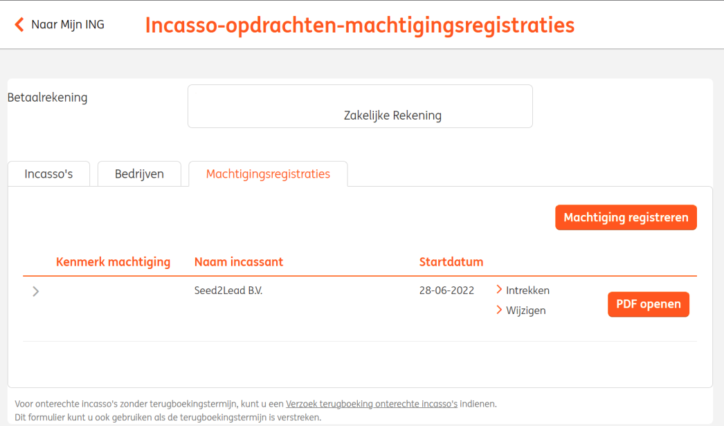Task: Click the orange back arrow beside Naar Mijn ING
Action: pyautogui.click(x=19, y=24)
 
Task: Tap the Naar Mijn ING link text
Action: pyautogui.click(x=68, y=24)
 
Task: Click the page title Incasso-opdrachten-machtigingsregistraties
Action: pyautogui.click(x=360, y=25)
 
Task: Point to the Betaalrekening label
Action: pyautogui.click(x=47, y=98)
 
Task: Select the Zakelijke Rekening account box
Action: pyautogui.click(x=360, y=106)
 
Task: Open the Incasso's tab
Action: pyautogui.click(x=48, y=174)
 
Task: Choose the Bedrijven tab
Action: pyautogui.click(x=139, y=174)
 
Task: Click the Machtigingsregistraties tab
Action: pyautogui.click(x=268, y=174)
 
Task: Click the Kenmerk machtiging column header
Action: pyautogui.click(x=113, y=261)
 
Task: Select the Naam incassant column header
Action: pyautogui.click(x=239, y=261)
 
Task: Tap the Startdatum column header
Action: pyautogui.click(x=451, y=261)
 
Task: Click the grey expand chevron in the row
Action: pyautogui.click(x=35, y=291)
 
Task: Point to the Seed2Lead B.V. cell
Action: pyautogui.click(x=228, y=290)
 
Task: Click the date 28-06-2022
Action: pyautogui.click(x=446, y=290)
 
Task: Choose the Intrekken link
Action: pyautogui.click(x=523, y=290)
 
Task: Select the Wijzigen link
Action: pyautogui.click(x=521, y=310)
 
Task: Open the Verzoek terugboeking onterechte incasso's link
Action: pyautogui.click(x=372, y=404)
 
